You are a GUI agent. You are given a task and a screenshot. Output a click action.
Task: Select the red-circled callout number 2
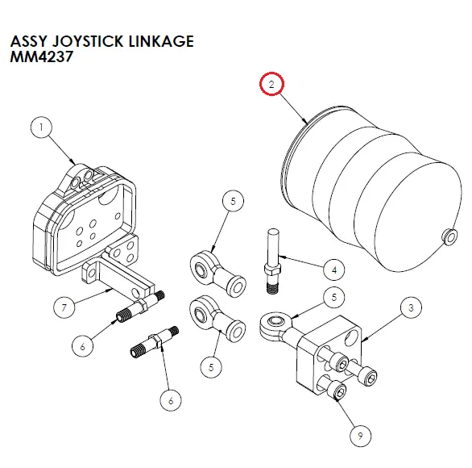[271, 84]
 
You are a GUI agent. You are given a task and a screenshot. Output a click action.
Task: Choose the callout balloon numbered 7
[64, 307]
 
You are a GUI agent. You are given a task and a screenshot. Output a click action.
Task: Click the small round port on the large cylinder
[445, 236]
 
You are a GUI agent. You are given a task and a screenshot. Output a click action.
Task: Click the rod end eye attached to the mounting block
[271, 325]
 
